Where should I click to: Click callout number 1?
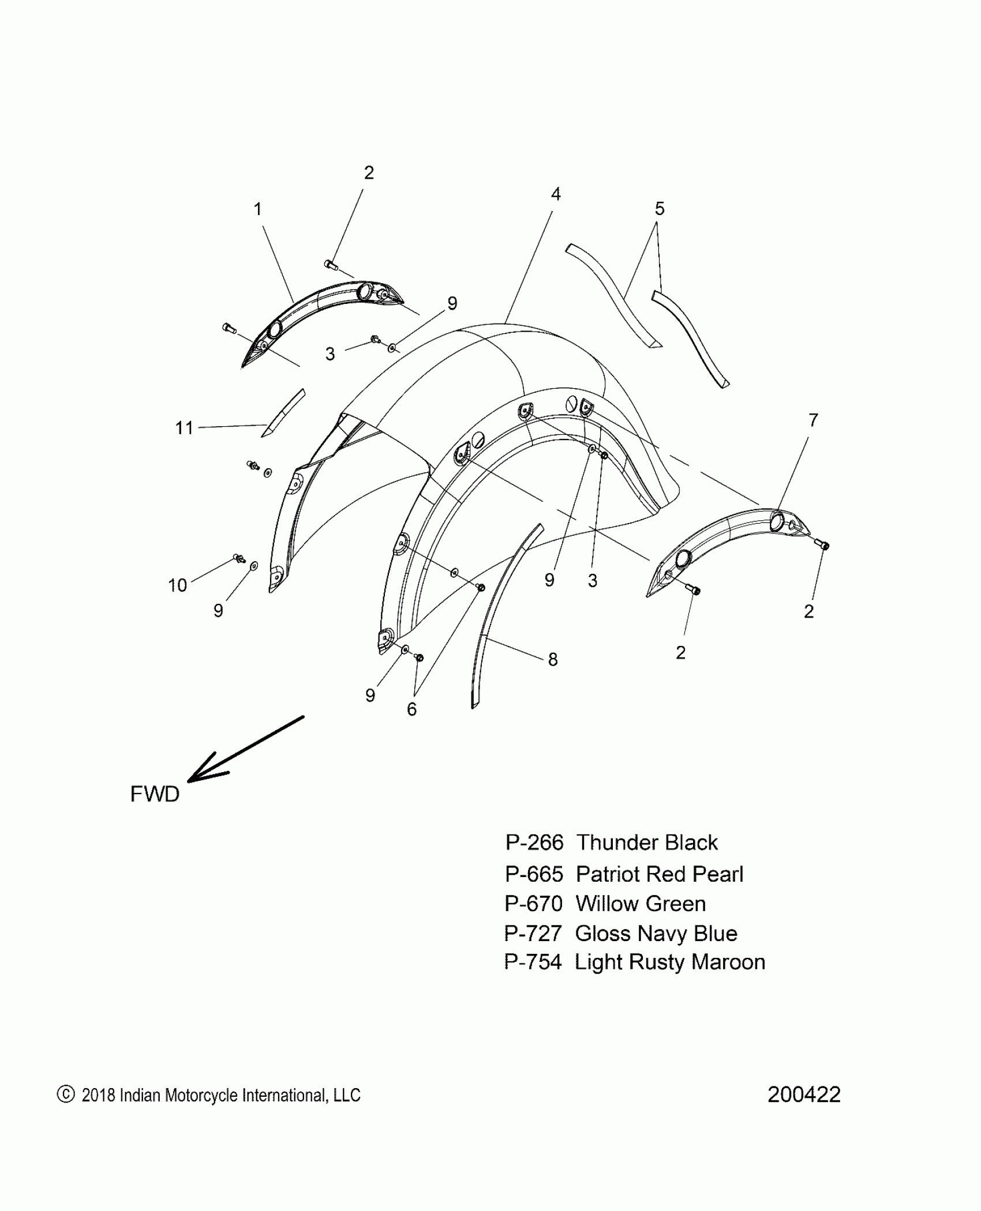(x=257, y=209)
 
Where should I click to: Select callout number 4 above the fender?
(x=555, y=194)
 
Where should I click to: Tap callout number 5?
(x=660, y=209)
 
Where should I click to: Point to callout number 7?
(x=813, y=420)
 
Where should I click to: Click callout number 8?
(x=553, y=659)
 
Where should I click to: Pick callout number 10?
(x=178, y=585)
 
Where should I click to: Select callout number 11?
(x=184, y=428)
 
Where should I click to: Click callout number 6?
(x=411, y=709)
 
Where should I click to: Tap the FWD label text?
(x=155, y=795)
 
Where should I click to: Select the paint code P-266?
(x=534, y=843)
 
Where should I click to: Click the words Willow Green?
(x=641, y=904)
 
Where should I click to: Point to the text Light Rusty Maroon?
(x=670, y=962)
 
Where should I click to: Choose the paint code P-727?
(x=533, y=933)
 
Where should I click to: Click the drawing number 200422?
(x=804, y=1095)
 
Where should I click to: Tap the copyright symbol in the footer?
(x=66, y=1095)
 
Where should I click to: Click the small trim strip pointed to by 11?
(x=283, y=413)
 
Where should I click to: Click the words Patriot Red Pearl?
(x=660, y=874)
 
